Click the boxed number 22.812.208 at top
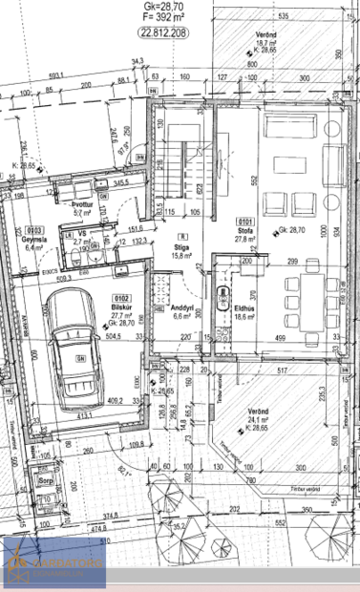coord(163,32)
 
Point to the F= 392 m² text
coord(162,16)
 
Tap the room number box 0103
coord(34,230)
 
